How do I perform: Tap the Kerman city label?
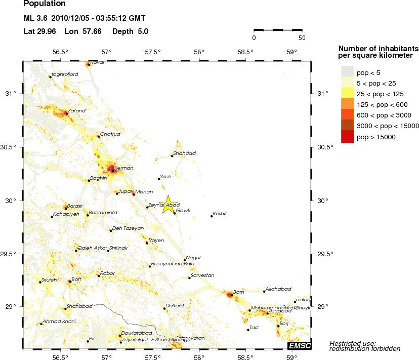124,168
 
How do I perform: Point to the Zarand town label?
76,110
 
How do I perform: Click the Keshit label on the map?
220,213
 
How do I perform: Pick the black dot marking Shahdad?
172,156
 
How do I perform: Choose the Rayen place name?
156,240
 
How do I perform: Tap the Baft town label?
76,279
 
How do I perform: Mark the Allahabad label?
278,289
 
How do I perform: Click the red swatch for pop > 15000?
347,137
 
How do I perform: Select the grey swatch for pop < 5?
347,72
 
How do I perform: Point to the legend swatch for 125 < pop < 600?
347,105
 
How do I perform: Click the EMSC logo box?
299,345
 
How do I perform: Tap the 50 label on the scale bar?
301,37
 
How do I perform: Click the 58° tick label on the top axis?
199,52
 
